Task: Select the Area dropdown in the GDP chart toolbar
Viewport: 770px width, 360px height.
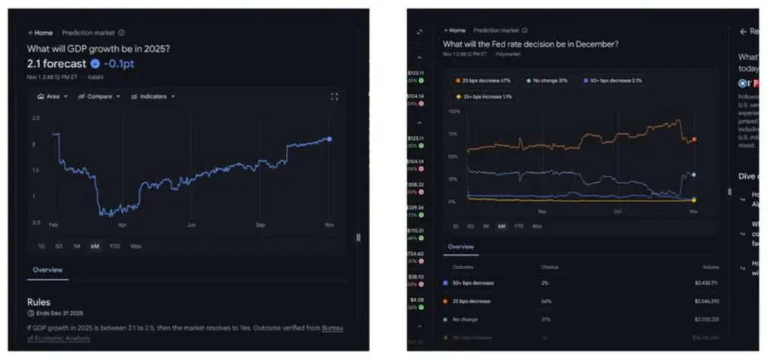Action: coord(53,96)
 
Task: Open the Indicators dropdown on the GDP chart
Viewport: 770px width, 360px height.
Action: coord(153,96)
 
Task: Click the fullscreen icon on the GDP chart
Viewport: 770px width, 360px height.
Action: coord(335,96)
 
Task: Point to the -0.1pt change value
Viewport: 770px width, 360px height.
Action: coord(119,63)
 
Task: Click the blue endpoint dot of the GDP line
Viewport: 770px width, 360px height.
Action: coord(329,139)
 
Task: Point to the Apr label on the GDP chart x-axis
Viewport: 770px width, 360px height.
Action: coord(122,224)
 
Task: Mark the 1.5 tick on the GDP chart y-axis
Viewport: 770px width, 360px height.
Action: coord(35,170)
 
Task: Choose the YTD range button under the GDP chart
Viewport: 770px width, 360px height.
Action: coord(114,246)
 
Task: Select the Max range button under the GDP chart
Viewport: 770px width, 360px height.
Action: coord(135,246)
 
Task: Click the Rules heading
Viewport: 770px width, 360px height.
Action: coord(38,302)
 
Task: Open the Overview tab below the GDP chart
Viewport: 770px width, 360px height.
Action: coord(47,270)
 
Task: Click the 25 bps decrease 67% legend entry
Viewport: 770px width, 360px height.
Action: coord(480,80)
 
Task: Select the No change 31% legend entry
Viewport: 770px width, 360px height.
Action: coord(550,80)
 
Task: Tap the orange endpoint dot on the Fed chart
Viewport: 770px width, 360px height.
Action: coord(693,139)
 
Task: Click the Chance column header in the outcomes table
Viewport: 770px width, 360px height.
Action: coord(550,267)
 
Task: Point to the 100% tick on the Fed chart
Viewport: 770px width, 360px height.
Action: coord(453,111)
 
